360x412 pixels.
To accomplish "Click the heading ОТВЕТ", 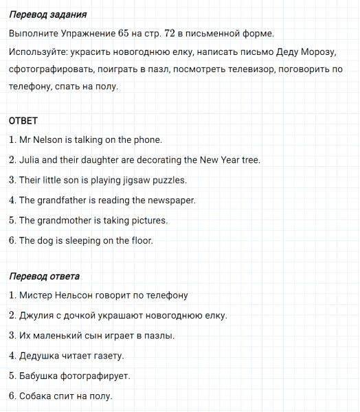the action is point(23,121).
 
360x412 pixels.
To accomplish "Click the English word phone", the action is point(148,140).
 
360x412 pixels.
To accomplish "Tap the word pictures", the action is point(148,220).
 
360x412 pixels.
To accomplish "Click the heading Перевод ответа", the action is point(44,276).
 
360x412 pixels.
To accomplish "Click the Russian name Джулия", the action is point(38,316).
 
